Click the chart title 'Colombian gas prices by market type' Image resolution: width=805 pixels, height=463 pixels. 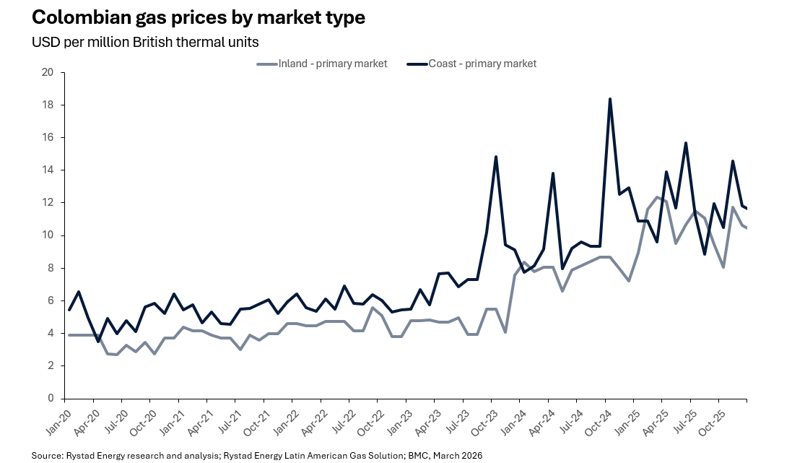click(198, 18)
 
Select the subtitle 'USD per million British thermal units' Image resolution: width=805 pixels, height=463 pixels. click(144, 42)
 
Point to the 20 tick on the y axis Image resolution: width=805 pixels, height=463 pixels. click(48, 72)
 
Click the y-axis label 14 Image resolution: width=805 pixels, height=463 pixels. click(48, 170)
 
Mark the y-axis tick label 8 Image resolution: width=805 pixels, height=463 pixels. click(51, 268)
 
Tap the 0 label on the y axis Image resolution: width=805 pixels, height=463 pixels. click(51, 399)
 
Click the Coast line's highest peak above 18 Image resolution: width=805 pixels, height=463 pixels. click(610, 99)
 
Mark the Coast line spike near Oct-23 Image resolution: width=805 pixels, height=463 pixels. click(496, 157)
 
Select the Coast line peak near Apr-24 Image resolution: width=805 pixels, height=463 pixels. click(553, 173)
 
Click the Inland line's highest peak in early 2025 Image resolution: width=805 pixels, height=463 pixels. click(657, 197)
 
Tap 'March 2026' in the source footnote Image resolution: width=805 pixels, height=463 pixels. click(458, 456)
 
